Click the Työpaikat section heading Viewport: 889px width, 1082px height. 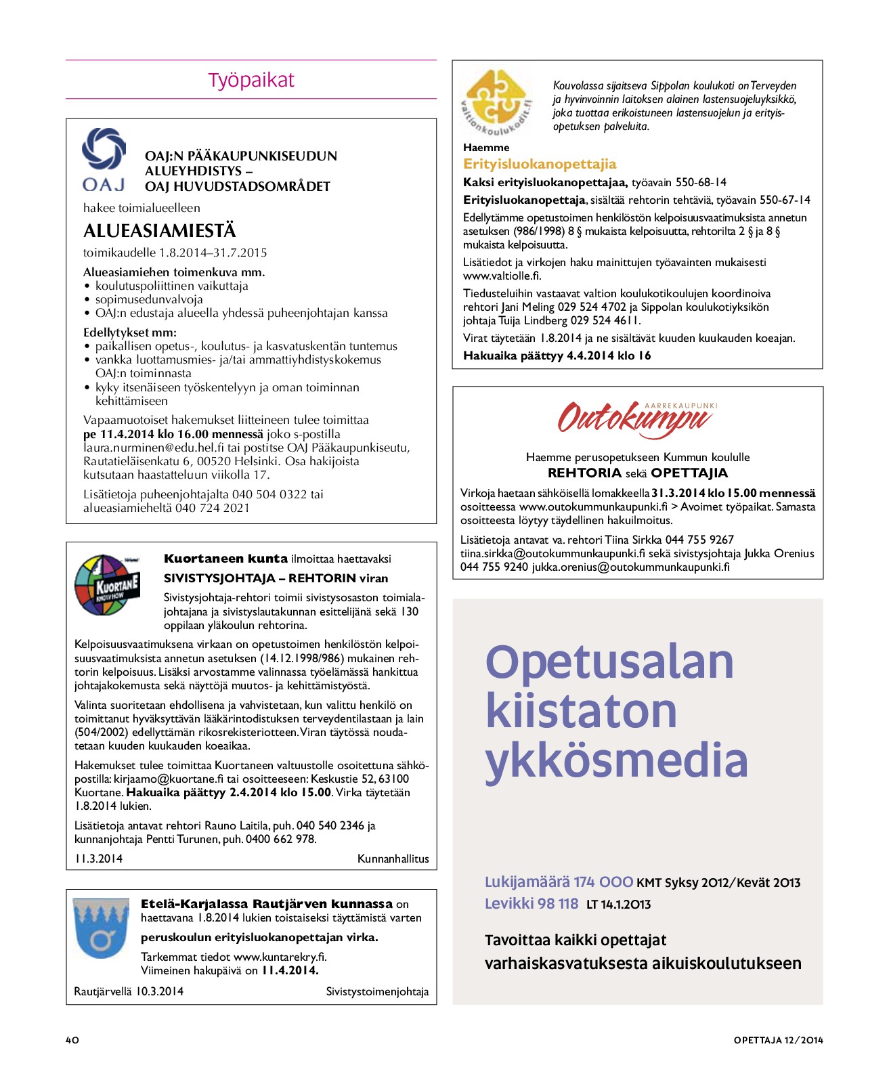[251, 80]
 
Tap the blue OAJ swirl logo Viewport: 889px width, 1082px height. [104, 150]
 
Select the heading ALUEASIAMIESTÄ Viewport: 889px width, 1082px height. [160, 231]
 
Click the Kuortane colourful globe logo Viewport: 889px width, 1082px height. [107, 584]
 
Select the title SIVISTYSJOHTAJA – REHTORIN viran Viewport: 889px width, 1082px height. [276, 578]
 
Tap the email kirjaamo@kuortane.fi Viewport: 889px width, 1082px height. [169, 779]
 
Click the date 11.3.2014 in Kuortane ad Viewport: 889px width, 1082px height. [99, 859]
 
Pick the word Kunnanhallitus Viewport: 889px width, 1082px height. [393, 859]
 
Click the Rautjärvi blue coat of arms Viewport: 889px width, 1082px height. [101, 928]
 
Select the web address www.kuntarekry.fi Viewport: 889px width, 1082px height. [280, 957]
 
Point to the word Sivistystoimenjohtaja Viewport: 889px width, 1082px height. [377, 991]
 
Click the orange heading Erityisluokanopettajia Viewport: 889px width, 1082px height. [540, 164]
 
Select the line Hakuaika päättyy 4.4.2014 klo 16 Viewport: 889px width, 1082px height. [557, 355]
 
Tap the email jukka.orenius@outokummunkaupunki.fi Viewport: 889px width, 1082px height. [630, 567]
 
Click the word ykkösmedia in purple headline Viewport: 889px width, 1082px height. [616, 760]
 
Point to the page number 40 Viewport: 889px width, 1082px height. [72, 1040]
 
